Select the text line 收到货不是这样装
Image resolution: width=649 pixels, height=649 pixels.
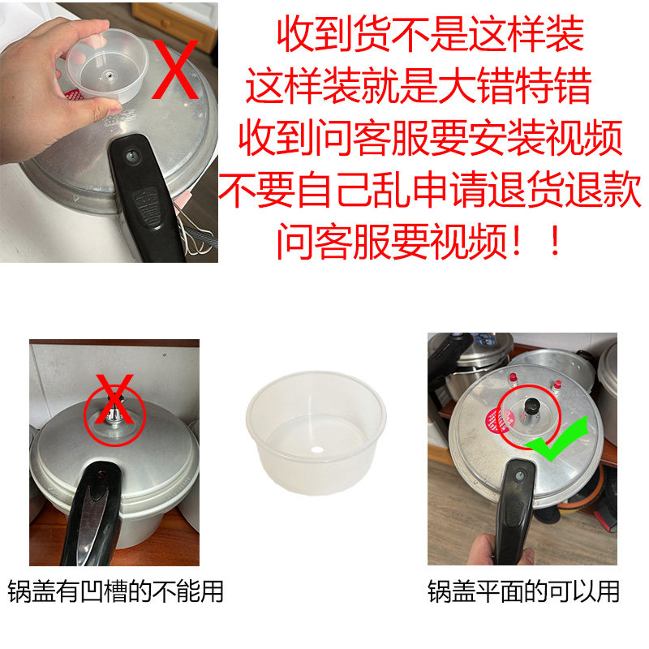pyautogui.click(x=430, y=34)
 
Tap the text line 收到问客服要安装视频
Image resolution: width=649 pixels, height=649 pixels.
pyautogui.click(x=431, y=139)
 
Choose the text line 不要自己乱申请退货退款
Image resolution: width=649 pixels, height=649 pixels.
pyautogui.click(x=431, y=192)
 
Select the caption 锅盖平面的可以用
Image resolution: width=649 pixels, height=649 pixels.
pyautogui.click(x=523, y=591)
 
